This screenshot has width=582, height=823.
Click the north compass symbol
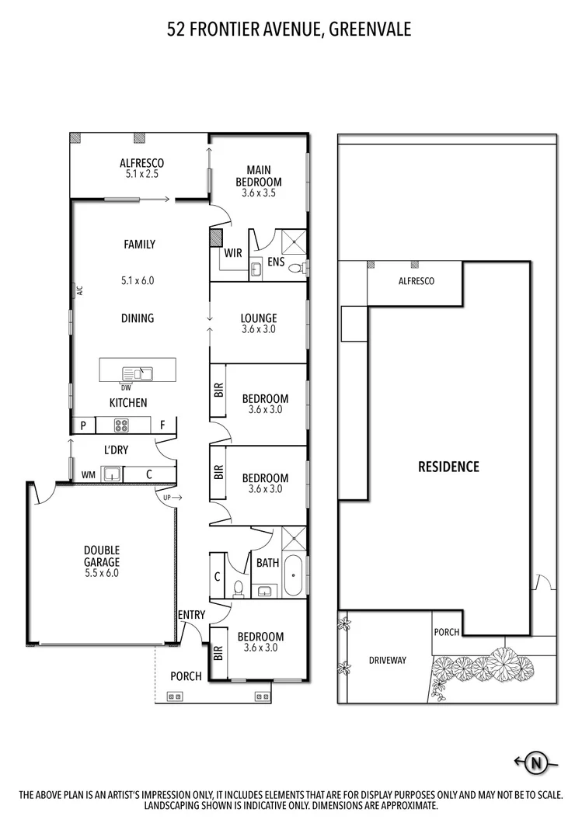coord(535,763)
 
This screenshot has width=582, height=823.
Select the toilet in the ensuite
coord(294,269)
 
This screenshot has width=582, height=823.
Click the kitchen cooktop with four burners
coord(122,425)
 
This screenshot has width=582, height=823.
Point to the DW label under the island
coord(126,387)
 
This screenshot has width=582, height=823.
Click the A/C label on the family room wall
coord(78,291)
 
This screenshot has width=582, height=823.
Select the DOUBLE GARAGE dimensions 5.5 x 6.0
coord(102,573)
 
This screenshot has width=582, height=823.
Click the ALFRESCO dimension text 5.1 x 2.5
coord(141,174)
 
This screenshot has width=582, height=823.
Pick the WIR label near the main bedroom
coord(232,253)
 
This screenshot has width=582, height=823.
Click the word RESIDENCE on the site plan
coord(448,467)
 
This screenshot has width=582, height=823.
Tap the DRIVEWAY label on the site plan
coord(387,660)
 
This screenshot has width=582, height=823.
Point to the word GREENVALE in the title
coord(370,30)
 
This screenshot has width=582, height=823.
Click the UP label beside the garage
coord(166,497)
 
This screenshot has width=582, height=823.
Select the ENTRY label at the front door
coord(191,615)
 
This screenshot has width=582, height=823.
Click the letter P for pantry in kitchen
coord(82,425)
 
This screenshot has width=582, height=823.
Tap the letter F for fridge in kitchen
coord(162,425)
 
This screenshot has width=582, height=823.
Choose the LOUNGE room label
coord(259,318)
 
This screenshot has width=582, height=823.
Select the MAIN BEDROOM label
coord(259,175)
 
